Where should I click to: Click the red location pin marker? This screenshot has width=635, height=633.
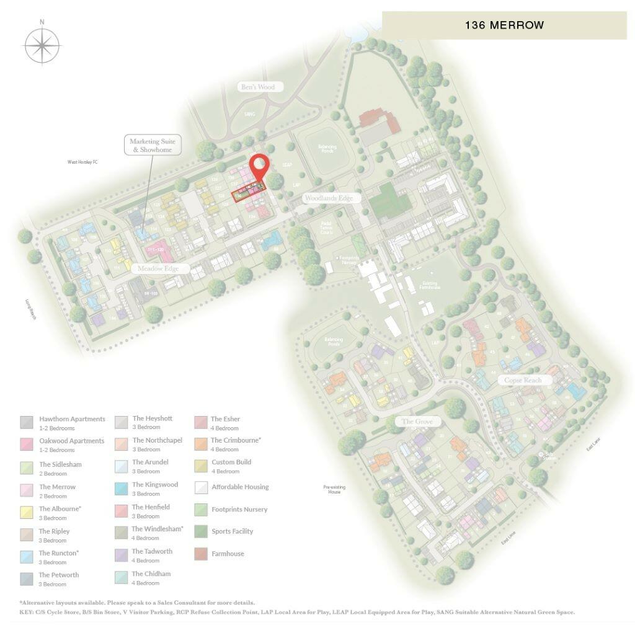[x=259, y=166]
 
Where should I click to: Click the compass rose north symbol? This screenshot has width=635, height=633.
[x=42, y=45]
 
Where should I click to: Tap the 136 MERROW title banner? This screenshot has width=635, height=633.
[x=504, y=25]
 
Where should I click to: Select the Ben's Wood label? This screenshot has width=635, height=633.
[x=258, y=87]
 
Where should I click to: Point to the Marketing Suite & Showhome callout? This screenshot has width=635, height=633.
[x=152, y=146]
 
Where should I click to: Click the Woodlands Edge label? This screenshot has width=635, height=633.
[x=328, y=198]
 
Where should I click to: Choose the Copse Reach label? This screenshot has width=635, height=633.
[x=522, y=380]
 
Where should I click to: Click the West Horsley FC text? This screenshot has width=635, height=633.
[x=82, y=162]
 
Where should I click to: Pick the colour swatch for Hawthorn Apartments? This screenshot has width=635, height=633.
[x=27, y=423]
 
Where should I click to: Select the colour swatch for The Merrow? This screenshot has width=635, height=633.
[x=27, y=490]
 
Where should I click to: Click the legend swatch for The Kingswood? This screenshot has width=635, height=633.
[x=121, y=489]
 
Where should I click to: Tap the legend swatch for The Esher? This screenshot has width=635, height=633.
[x=200, y=423]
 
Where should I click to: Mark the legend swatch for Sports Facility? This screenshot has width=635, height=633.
[x=200, y=531]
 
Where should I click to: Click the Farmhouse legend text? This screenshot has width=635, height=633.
[x=228, y=554]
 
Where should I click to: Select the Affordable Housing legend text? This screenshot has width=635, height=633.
[x=240, y=487]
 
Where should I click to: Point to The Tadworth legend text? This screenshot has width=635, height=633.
[x=152, y=551]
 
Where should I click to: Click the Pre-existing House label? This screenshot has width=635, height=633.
[x=334, y=489]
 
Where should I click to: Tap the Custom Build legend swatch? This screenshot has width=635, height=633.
[x=200, y=466]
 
